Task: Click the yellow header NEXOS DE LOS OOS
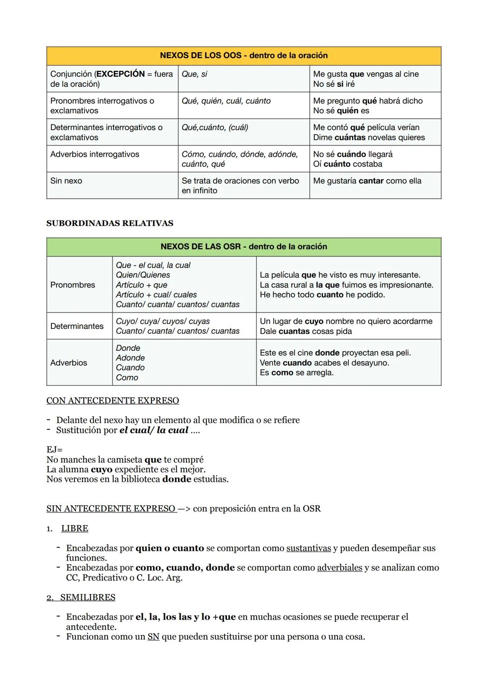pos(244,56)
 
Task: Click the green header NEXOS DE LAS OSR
pos(244,247)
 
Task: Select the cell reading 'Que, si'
pos(194,74)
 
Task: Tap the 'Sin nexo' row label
pos(66,181)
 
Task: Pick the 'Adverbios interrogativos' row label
pos(95,154)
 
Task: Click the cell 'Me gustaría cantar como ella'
pos(367,181)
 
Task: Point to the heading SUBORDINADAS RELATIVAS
pos(110,223)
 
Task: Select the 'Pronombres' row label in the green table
pos(73,285)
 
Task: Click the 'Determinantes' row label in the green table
pos(77,326)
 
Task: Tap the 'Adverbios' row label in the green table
pos(69,363)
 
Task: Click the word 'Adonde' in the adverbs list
pos(130,358)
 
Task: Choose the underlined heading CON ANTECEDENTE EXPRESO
pos(113,401)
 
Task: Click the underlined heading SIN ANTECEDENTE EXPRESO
pos(111,509)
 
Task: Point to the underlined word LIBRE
pos(75,529)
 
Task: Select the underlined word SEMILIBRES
pos(88,597)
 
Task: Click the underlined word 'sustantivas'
pos(309,548)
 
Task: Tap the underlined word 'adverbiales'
pos(340,568)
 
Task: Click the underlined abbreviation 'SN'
pos(154,637)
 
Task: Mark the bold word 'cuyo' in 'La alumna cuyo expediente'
pos(101,469)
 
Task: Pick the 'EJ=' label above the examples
pos(54,450)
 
